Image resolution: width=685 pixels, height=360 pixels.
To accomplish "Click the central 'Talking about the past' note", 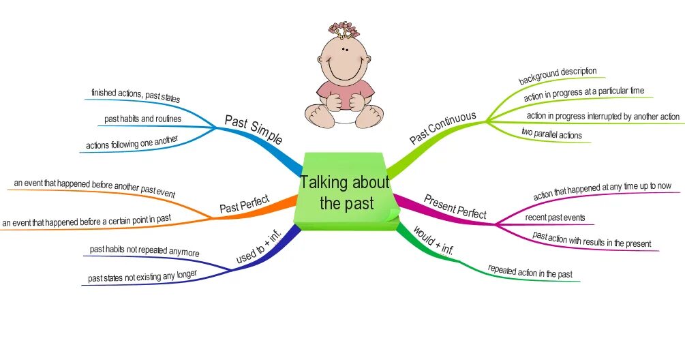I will [x=345, y=192].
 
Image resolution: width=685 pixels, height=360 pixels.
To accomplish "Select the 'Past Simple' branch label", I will [x=253, y=130].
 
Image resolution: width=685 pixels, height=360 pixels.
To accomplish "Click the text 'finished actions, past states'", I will [x=136, y=95].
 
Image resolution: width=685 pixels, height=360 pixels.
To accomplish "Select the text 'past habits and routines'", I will [x=142, y=119].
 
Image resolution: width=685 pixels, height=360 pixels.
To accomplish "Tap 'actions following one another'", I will [x=132, y=144].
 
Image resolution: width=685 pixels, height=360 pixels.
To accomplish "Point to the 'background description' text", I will [x=558, y=75].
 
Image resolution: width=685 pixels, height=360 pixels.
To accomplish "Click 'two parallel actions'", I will [x=551, y=134].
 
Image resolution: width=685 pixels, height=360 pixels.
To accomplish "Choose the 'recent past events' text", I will [x=555, y=218].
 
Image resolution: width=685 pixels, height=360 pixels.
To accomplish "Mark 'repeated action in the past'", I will [x=530, y=273].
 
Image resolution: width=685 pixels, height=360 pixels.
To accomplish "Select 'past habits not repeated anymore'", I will [x=144, y=251].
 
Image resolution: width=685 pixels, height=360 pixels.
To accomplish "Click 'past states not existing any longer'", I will [x=142, y=276].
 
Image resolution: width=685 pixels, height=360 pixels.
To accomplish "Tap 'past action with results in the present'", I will [x=592, y=239].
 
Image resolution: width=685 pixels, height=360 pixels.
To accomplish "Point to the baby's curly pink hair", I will [x=345, y=29].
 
